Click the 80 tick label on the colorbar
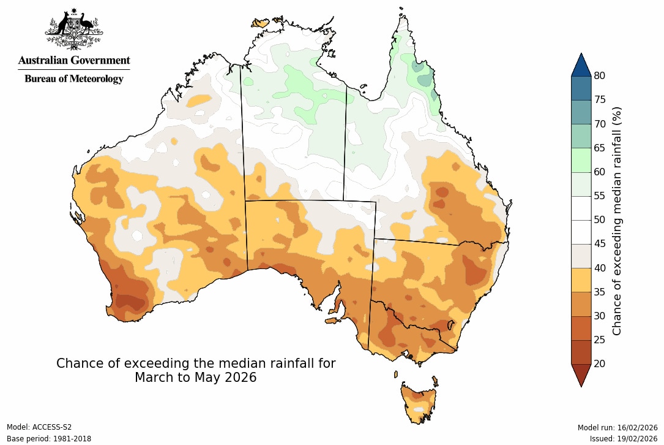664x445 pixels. [599, 76]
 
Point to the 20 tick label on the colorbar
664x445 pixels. [599, 363]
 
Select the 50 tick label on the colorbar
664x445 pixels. [599, 220]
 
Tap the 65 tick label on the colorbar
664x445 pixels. [599, 148]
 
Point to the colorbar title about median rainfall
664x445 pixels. [617, 220]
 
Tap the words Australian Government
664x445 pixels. [74, 60]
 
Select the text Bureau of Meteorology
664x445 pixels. [74, 78]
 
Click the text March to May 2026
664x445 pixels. [195, 378]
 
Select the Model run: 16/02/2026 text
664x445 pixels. [617, 427]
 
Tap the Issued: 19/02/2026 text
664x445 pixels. [624, 439]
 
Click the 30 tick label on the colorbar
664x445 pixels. [599, 316]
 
